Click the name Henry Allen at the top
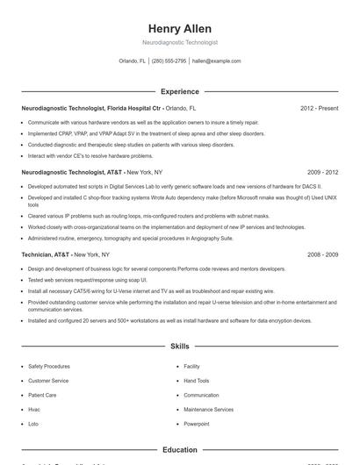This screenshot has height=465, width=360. [x=179, y=28]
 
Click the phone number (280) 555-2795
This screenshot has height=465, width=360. [x=169, y=61]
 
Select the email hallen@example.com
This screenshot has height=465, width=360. [x=216, y=61]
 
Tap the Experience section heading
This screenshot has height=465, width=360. [x=179, y=91]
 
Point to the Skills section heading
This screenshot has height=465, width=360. [x=179, y=347]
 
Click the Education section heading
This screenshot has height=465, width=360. [x=179, y=450]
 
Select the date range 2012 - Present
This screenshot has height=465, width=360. [x=319, y=108]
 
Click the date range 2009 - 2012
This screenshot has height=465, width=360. [x=322, y=173]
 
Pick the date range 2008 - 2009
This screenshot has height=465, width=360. [x=322, y=254]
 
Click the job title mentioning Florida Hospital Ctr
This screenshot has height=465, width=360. [x=91, y=108]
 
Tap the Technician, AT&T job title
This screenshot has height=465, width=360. [x=47, y=254]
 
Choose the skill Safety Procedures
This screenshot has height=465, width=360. [x=49, y=366]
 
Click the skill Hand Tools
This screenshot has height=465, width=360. [x=197, y=381]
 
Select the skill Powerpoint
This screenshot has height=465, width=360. [x=197, y=424]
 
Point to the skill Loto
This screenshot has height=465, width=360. [x=33, y=424]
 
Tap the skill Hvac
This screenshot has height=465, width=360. [x=34, y=410]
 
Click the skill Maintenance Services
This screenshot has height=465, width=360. [x=208, y=410]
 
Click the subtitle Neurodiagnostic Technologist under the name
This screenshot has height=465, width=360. [x=179, y=42]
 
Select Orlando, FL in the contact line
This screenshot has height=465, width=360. [x=132, y=61]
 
